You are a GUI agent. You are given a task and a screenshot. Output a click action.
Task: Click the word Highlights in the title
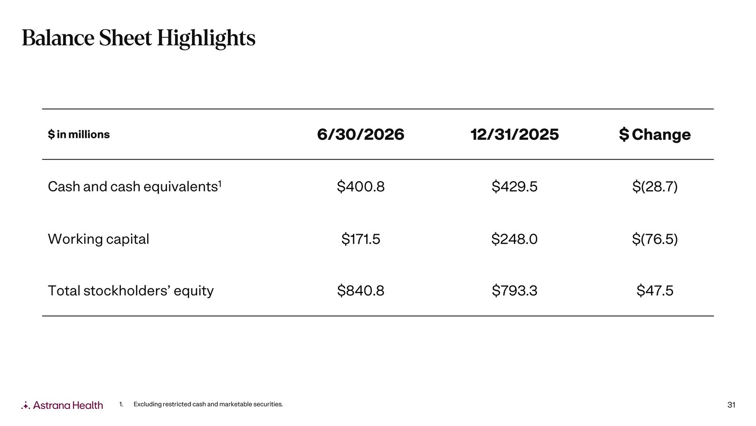(206, 38)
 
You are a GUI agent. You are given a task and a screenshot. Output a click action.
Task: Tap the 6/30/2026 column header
(360, 135)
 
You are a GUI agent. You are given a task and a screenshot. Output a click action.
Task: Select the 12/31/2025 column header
(515, 135)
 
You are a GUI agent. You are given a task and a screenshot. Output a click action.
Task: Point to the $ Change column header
(655, 135)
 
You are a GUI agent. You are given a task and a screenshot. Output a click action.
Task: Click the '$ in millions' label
(79, 135)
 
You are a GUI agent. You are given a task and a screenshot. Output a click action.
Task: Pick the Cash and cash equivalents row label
(135, 186)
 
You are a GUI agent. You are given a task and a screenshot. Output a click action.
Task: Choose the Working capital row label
(98, 239)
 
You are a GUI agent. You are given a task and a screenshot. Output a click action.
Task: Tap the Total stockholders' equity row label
(131, 291)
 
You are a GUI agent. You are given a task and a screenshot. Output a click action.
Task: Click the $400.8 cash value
(360, 187)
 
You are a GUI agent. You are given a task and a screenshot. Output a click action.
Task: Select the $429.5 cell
(515, 187)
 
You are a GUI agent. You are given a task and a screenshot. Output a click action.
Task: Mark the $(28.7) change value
(655, 187)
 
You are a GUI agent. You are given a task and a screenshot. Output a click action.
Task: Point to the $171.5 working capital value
(360, 239)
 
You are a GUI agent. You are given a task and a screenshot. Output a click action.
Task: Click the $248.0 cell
(515, 239)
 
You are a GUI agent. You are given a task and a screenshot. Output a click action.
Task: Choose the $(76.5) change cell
(655, 239)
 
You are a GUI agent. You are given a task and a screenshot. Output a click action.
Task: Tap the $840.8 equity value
(360, 291)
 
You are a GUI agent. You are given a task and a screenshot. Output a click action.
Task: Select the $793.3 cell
(515, 291)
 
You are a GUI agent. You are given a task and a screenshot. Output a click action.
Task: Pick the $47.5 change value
(655, 291)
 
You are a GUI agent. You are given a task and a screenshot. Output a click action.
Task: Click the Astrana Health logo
(62, 405)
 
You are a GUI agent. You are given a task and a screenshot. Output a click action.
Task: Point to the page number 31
(731, 405)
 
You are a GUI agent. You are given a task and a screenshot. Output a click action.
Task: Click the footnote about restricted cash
(201, 404)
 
